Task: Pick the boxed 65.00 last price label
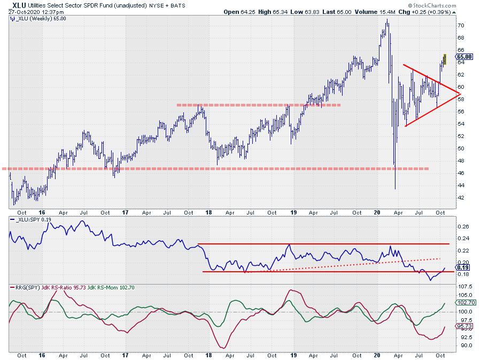463,56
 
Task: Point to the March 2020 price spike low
395,188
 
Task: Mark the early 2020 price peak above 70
386,20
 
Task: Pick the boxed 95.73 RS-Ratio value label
463,326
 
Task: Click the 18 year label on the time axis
208,355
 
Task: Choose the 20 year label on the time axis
377,355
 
